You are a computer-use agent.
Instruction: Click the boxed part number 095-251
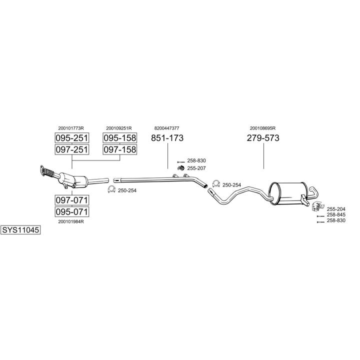(x=71, y=138)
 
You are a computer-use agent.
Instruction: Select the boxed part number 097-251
(x=71, y=149)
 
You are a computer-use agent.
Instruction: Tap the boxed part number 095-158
(x=120, y=138)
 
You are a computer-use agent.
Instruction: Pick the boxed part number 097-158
(x=120, y=149)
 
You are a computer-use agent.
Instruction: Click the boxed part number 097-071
(x=71, y=200)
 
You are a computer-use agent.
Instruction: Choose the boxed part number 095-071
(x=71, y=211)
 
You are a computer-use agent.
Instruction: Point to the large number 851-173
(x=167, y=138)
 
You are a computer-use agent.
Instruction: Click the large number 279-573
(x=263, y=138)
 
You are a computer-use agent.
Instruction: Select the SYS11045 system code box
(x=20, y=230)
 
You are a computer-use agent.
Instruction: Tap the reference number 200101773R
(x=71, y=128)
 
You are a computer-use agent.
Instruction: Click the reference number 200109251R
(x=119, y=128)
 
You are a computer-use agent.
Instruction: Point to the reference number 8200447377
(x=167, y=128)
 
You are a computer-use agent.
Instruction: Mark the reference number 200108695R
(x=263, y=128)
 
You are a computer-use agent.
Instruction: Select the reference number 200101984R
(x=71, y=221)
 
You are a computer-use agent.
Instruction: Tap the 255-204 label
(x=335, y=208)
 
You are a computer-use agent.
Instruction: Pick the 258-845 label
(x=335, y=214)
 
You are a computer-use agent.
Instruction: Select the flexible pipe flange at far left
(x=43, y=170)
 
